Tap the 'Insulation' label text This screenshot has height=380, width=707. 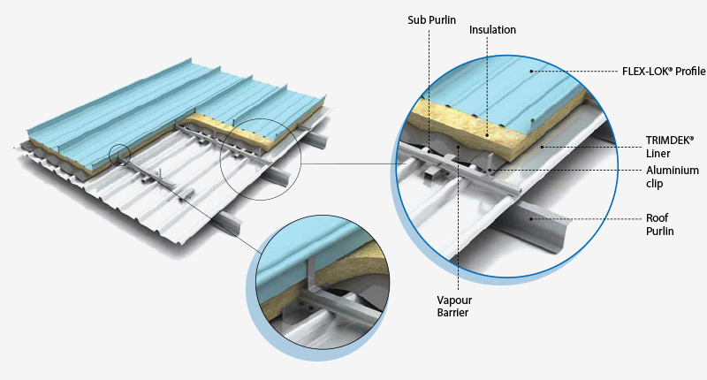(x=492, y=30)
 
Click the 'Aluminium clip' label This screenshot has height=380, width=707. (x=672, y=177)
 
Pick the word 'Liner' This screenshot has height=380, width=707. (x=658, y=154)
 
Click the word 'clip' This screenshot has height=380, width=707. (x=657, y=184)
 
